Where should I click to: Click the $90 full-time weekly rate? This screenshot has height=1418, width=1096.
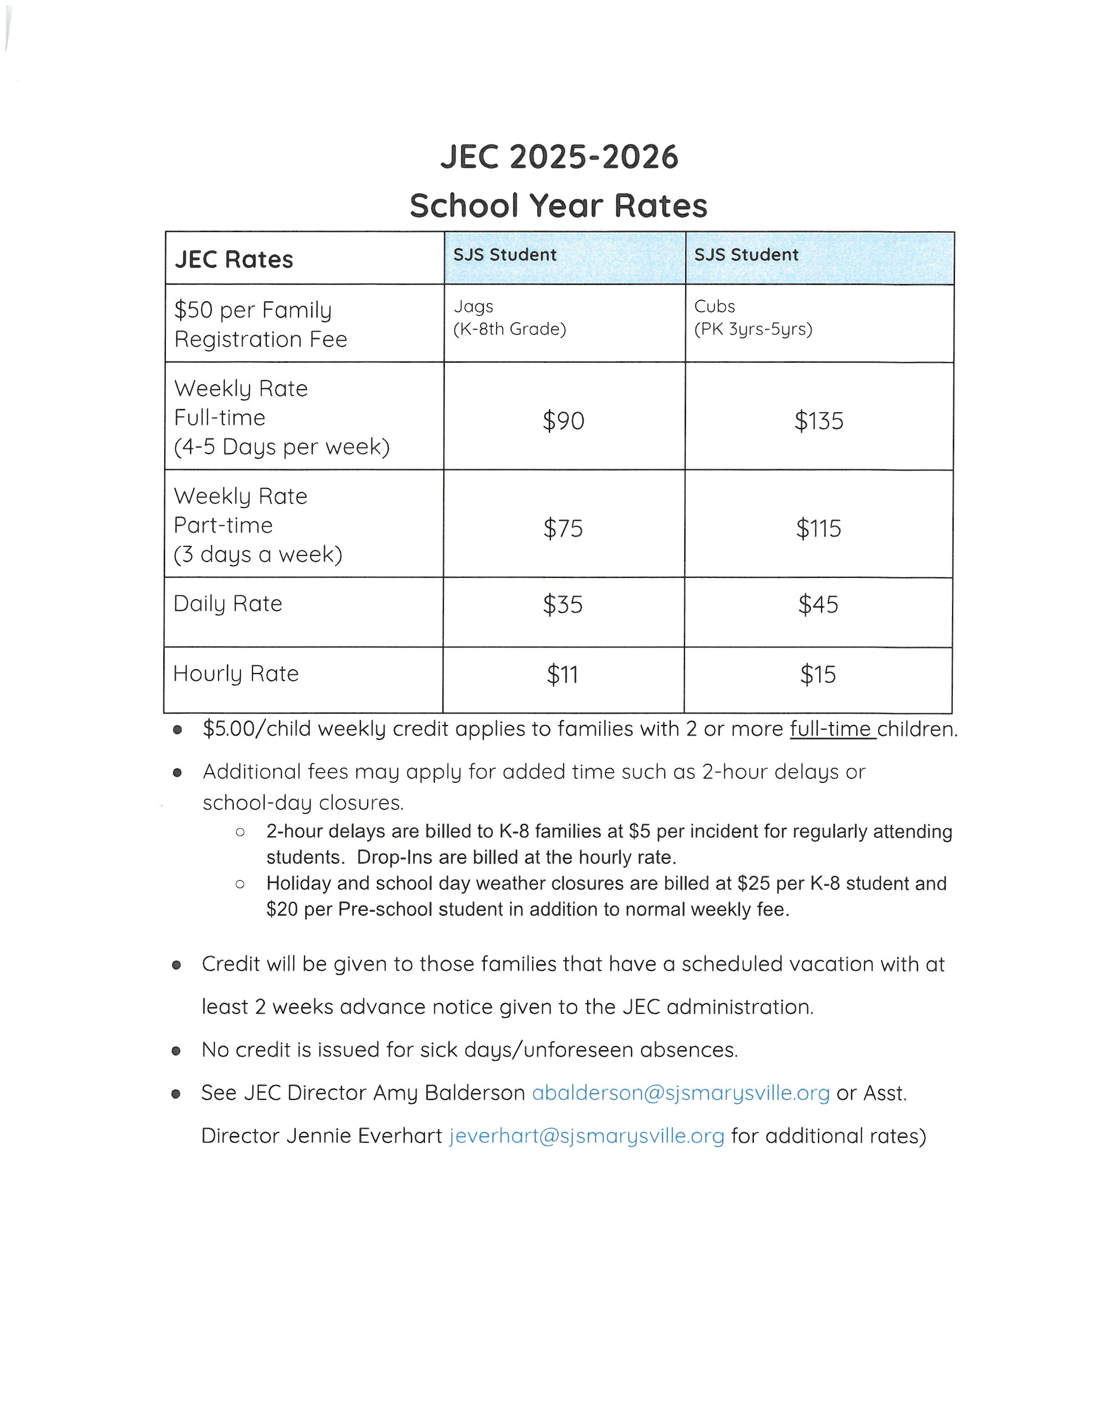pyautogui.click(x=563, y=421)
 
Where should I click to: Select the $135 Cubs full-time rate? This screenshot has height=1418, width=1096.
pyautogui.click(x=818, y=421)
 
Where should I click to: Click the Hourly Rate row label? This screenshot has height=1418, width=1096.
pyautogui.click(x=236, y=673)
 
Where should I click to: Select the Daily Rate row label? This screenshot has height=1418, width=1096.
pyautogui.click(x=228, y=604)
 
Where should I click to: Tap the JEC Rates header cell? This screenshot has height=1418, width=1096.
pyautogui.click(x=234, y=260)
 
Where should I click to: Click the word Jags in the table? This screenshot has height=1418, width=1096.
pyautogui.click(x=473, y=306)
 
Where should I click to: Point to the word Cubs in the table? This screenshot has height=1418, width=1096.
pyautogui.click(x=714, y=306)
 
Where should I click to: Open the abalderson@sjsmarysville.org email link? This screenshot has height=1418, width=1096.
pyautogui.click(x=680, y=1093)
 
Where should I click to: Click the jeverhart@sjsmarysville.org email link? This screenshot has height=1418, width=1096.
pyautogui.click(x=586, y=1136)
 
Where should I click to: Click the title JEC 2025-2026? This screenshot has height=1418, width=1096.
pyautogui.click(x=559, y=157)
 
